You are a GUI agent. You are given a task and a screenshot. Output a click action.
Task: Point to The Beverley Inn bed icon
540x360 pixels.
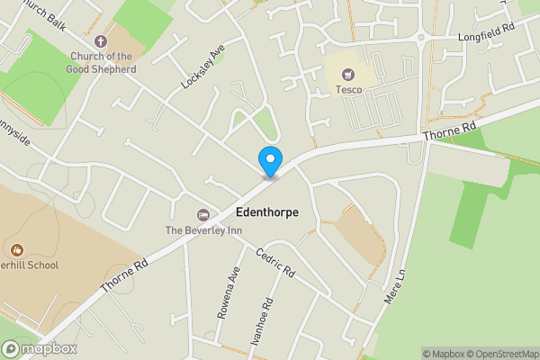(x=203, y=214)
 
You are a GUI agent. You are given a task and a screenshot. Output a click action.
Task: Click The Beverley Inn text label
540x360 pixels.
(x=203, y=229)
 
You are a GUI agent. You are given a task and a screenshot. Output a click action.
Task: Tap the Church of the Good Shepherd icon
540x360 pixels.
(x=101, y=40)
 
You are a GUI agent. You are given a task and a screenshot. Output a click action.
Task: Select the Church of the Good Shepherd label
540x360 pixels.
(x=103, y=62)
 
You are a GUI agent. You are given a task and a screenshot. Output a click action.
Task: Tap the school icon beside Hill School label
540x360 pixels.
(x=15, y=249)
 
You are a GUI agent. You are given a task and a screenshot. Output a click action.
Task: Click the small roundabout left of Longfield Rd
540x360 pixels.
(x=420, y=37)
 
